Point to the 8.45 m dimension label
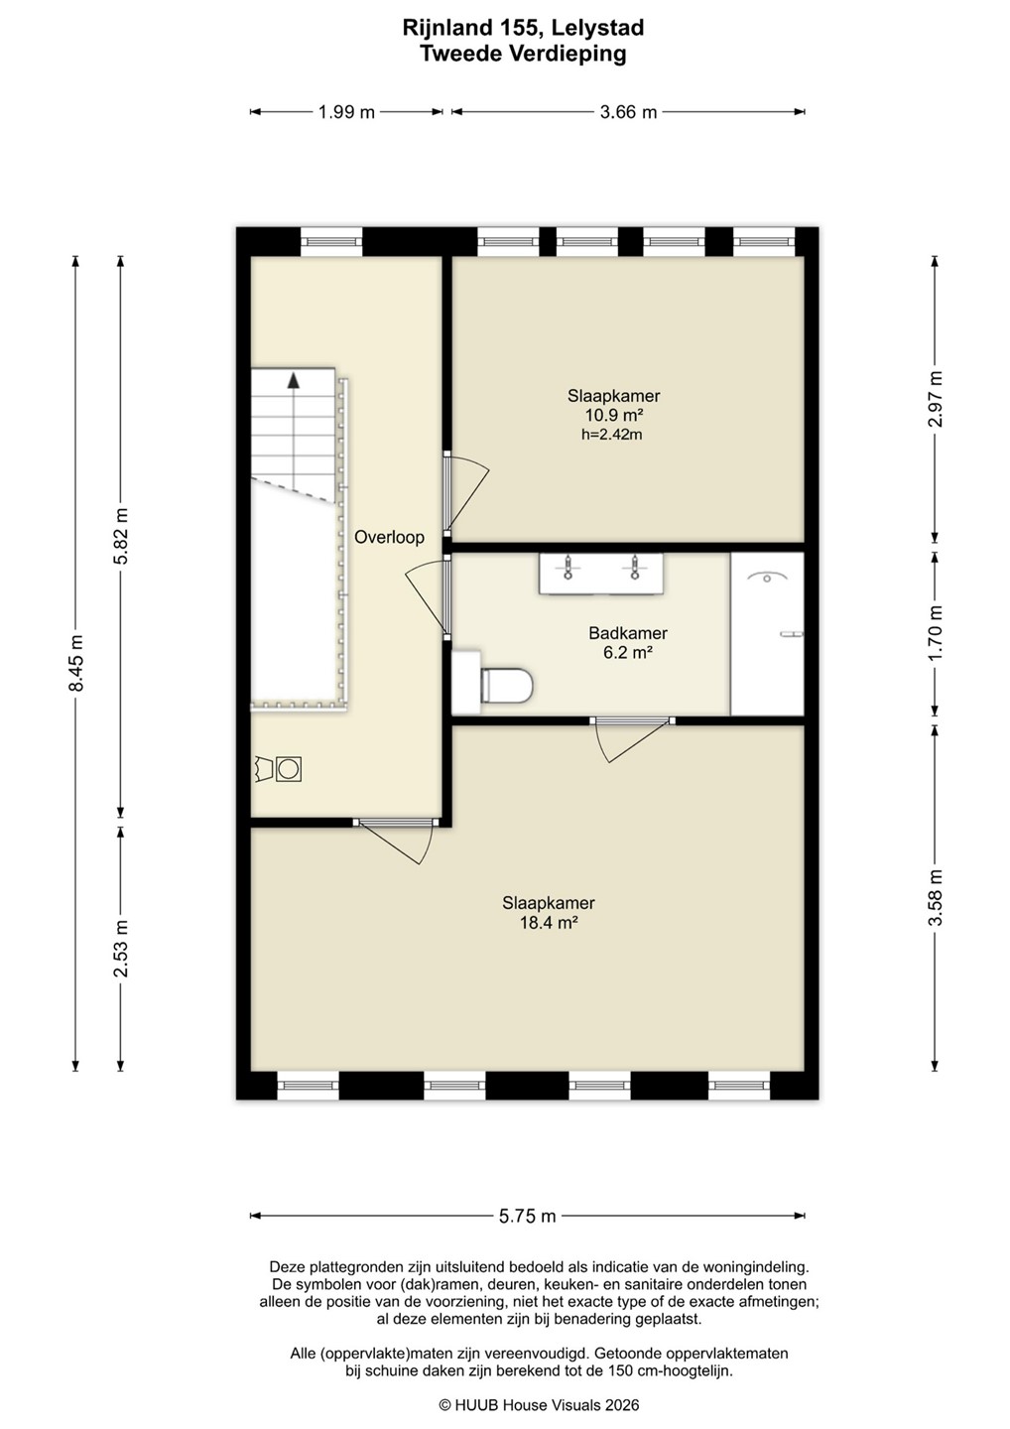point(75,664)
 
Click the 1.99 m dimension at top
point(346,112)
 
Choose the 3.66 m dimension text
point(628,112)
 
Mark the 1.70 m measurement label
point(935,633)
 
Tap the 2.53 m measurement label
point(120,949)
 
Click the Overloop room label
point(389,537)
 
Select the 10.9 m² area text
point(613,415)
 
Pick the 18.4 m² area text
point(549,923)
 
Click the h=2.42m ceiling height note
point(611,435)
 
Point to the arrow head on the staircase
point(294,381)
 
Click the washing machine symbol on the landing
point(288,769)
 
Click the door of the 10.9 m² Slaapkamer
point(465,494)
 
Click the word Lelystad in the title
point(597,29)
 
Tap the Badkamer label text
point(628,633)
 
